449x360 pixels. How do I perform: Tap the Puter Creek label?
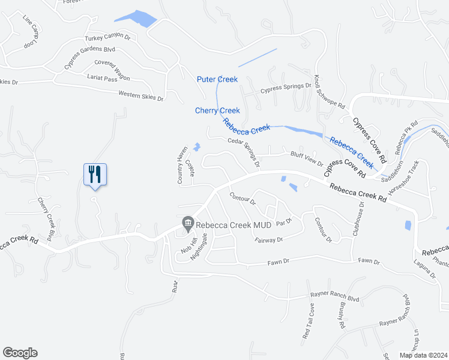pos(217,79)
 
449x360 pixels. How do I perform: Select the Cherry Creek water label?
pos(217,110)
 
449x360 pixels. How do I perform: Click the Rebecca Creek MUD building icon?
pos(188,224)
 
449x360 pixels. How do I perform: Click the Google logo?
pos(20,353)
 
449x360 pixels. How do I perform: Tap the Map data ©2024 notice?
pos(423,355)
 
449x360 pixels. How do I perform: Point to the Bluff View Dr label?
pos(307,159)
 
